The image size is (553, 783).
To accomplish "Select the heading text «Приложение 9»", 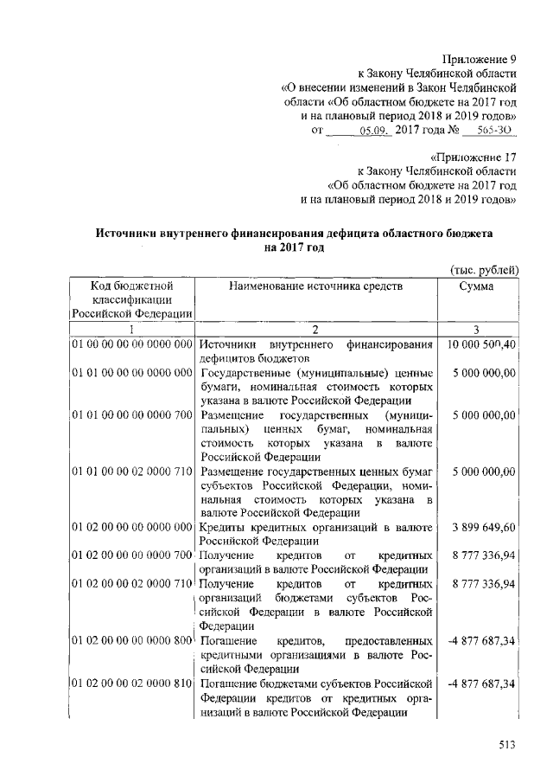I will tap(480, 60).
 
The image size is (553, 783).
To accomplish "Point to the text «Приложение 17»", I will tap(475, 157).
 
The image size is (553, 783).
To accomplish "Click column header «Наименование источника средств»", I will tap(316, 286).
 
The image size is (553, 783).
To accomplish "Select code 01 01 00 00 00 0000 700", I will tap(132, 415).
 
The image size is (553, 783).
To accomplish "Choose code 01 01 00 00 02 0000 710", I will tap(132, 472).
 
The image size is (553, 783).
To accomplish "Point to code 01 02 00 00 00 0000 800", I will tap(132, 641).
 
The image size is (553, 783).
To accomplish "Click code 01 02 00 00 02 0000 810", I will tap(132, 684).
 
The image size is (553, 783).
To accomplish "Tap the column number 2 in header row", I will tap(316, 329).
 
